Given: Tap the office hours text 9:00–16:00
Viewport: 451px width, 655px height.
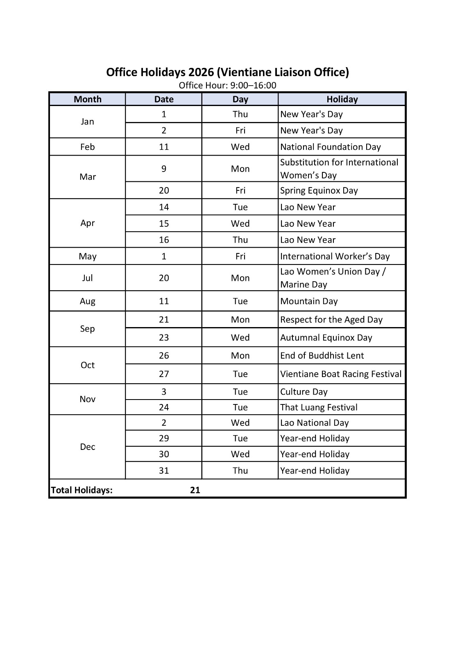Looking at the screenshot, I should click(x=254, y=85).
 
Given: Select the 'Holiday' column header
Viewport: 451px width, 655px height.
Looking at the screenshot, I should click(x=342, y=99).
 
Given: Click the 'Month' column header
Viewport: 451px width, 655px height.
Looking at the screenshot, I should click(x=87, y=99).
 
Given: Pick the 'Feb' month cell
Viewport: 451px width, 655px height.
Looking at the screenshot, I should click(x=87, y=147).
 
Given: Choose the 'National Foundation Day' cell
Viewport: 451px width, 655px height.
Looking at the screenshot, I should click(x=330, y=147).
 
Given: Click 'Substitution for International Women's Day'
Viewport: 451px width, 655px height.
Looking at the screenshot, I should click(x=339, y=169).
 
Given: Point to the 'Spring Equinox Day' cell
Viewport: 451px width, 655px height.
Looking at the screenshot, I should click(x=319, y=190).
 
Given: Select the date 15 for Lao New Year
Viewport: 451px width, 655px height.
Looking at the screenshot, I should click(x=164, y=224).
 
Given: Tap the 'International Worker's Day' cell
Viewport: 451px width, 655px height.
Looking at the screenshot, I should click(x=335, y=256).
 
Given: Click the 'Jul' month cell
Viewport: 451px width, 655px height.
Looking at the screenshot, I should click(x=87, y=278).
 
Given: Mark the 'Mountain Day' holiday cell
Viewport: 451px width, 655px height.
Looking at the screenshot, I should click(x=309, y=301).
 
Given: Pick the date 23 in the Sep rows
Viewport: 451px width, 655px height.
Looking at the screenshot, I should click(x=164, y=338).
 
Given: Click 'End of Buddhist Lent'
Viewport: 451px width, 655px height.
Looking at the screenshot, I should click(x=322, y=356).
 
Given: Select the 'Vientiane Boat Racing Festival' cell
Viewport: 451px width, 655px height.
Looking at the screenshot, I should click(x=340, y=374).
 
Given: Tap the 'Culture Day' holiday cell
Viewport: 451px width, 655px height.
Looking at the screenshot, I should click(x=304, y=392).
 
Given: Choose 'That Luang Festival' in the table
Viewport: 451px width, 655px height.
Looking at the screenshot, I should click(x=319, y=407).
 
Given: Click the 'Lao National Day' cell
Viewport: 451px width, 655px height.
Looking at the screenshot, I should click(x=314, y=423).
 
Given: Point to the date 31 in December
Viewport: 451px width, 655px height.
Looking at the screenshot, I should click(x=164, y=471).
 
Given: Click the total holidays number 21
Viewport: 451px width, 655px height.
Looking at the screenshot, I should click(x=195, y=490).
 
